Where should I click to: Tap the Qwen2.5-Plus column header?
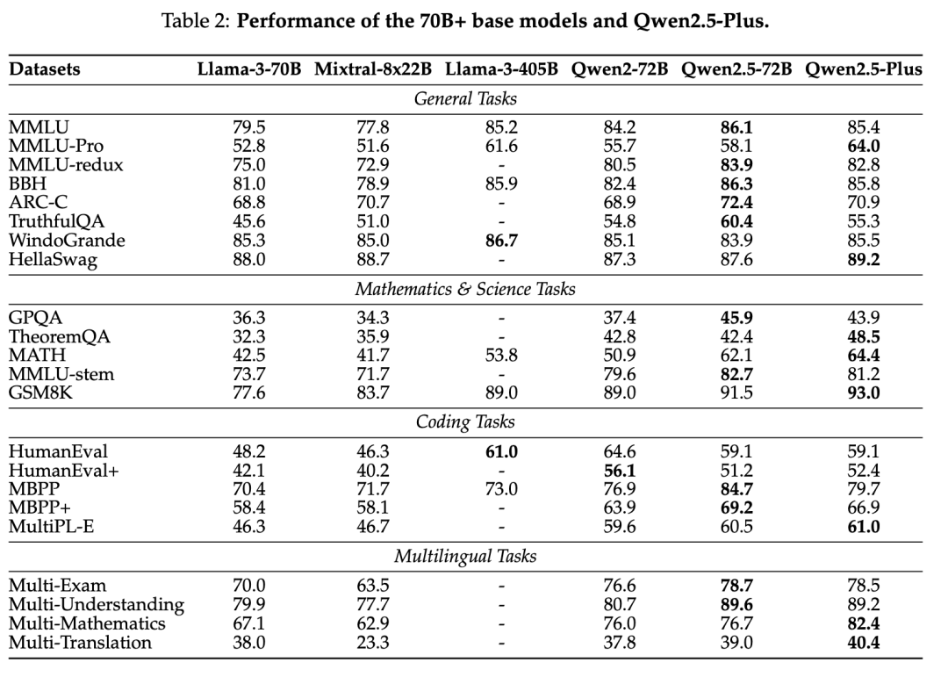tap(862, 69)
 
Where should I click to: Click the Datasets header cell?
tap(45, 69)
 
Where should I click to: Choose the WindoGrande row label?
tap(64, 240)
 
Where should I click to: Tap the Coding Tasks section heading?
tap(465, 422)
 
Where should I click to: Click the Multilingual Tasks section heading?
tap(465, 556)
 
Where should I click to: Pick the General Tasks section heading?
tap(465, 98)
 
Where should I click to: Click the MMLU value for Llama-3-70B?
tap(247, 126)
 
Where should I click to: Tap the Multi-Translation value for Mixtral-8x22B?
tap(374, 643)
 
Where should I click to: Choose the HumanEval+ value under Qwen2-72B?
tap(620, 470)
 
